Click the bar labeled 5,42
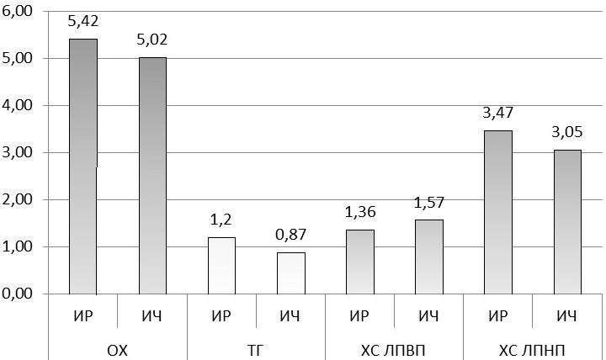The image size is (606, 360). coord(83,167)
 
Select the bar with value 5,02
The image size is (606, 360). coord(152,176)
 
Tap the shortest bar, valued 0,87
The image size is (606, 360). coord(291,273)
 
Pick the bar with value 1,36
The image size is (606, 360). coord(360,262)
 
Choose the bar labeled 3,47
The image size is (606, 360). coord(498,213)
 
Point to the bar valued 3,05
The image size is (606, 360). coord(567,222)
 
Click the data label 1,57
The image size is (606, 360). coord(429,203)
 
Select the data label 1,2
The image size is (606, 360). coord(221,220)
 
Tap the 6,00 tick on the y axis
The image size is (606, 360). coord(17,11)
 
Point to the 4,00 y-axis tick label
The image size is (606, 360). coord(17,105)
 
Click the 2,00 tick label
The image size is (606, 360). coord(17,199)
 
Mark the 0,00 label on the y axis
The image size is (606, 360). coord(17,294)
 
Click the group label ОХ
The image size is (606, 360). coord(117,351)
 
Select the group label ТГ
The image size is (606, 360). coord(256,351)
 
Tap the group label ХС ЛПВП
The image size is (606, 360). coord(393,351)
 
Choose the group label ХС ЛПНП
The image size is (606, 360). coord(532,351)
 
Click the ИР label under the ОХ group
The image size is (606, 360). coord(83,316)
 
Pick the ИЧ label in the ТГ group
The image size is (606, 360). coord(290,316)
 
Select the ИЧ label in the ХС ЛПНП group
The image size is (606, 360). coord(566,316)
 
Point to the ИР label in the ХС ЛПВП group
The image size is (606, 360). coord(359,316)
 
